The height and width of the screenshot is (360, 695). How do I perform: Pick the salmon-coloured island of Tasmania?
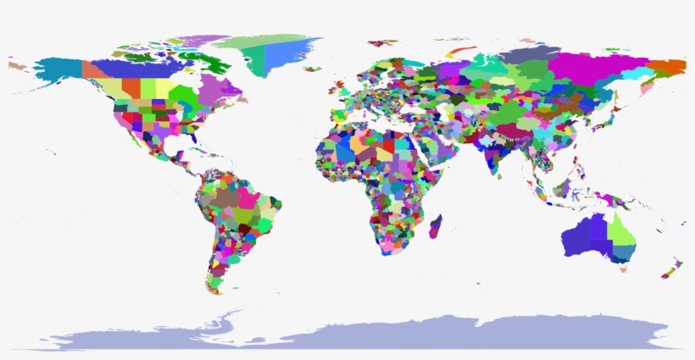tap(623, 269)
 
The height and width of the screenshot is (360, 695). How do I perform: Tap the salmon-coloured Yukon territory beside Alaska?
tap(90, 68)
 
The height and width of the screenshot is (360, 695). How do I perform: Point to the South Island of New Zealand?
tap(666, 271)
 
